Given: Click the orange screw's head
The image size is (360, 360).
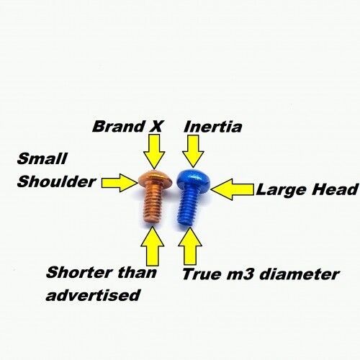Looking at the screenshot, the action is [156, 179].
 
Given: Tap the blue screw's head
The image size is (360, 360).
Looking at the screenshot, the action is [193, 178].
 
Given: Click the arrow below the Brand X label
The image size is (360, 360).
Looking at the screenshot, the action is [154, 151].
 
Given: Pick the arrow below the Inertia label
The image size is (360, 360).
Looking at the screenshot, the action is [193, 151].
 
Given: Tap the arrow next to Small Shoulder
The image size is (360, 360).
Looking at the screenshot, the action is [120, 183].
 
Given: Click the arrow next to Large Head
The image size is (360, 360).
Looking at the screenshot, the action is [233, 189].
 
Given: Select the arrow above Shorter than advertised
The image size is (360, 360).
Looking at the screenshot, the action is [153, 246].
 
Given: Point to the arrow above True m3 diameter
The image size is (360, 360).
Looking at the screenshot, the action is [190, 246].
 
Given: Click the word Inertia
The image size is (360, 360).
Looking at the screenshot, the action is [212, 127].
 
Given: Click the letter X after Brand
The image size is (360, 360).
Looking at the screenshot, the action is [156, 127].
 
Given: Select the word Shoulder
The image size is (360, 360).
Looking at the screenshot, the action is [56, 181].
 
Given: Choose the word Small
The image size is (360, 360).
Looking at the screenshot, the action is [42, 158].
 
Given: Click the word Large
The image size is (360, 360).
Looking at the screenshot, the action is [282, 191].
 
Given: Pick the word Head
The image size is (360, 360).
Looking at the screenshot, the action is [335, 189].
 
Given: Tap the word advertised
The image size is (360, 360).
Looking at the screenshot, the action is [93, 295].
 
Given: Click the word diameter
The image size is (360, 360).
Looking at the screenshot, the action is [300, 274].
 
